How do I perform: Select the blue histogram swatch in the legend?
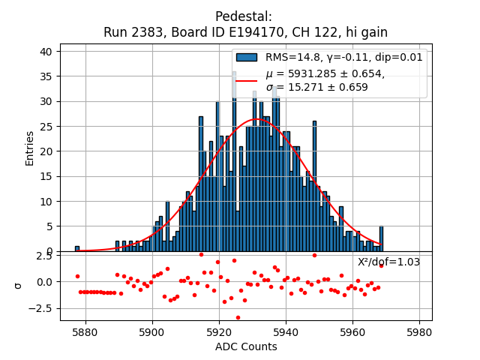click(x=247, y=57)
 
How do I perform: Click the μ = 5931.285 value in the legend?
click(x=325, y=73)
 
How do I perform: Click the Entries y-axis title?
click(x=30, y=148)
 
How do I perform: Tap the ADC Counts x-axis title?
click(x=246, y=346)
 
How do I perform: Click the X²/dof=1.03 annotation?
click(x=388, y=262)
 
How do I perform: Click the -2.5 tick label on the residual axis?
click(x=42, y=308)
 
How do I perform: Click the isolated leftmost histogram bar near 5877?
click(x=77, y=248)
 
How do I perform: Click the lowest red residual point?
click(x=238, y=317)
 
